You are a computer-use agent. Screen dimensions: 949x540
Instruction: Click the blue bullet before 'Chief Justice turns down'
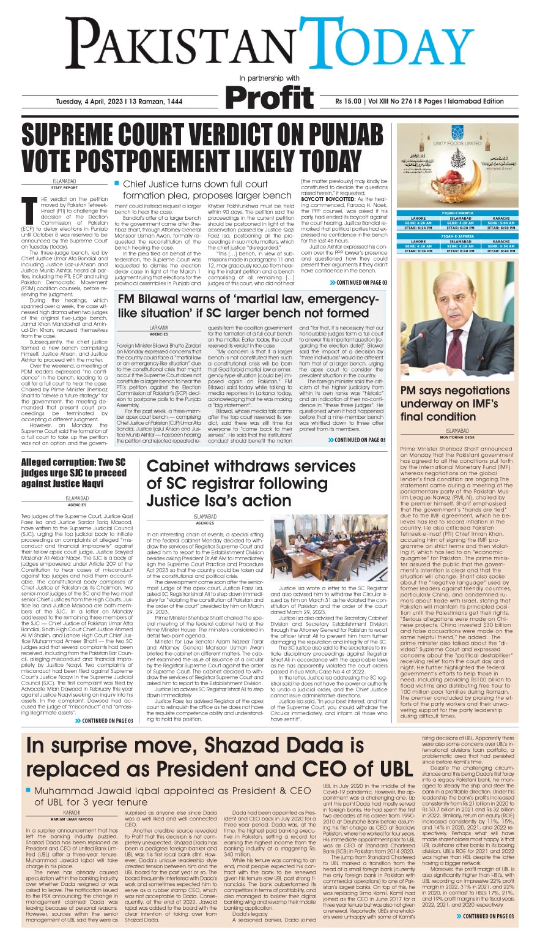pyautogui.click(x=116, y=184)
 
